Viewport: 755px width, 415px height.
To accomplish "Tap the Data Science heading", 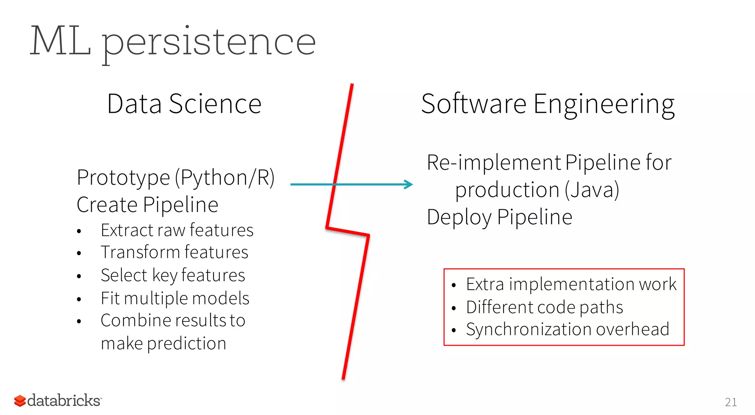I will coord(184,104).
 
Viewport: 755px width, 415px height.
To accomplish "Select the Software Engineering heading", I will coord(548,104).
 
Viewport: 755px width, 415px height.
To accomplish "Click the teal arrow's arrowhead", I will coord(408,184).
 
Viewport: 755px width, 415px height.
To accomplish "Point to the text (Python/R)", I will coord(225,178).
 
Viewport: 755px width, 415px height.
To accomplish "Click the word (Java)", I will coord(592,190).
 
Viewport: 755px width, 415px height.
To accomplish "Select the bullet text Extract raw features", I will coord(177,230).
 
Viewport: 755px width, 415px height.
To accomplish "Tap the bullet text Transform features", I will coord(174,252).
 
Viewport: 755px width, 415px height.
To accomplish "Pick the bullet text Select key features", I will coord(173,275).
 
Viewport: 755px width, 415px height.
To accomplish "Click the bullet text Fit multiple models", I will coord(175,298).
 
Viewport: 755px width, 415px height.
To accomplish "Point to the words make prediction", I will coord(163,343).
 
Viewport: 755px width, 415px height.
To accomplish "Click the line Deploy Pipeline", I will coord(500,217).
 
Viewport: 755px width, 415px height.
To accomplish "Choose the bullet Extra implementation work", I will coord(571,284).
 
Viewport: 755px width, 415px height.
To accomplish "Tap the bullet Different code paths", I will coord(544,307).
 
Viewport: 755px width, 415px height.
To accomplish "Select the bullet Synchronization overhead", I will coord(567,329).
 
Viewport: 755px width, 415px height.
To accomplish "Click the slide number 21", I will coord(731,402).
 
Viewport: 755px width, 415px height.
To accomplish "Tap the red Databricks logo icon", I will coord(20,401).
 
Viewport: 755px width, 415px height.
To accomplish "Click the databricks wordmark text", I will coord(64,401).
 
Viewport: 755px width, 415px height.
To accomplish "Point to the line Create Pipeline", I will coord(147,205).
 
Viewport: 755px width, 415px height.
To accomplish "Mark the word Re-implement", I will coord(494,163).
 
